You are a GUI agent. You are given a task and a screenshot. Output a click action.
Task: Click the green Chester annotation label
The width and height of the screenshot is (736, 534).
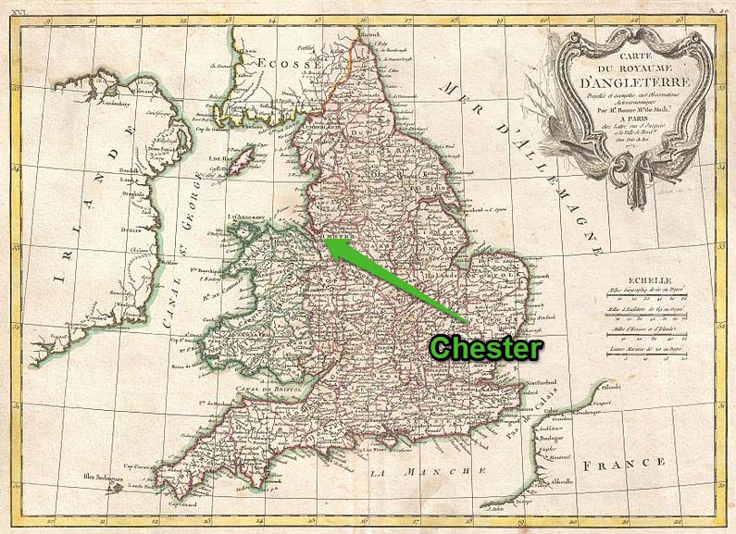tap(486, 348)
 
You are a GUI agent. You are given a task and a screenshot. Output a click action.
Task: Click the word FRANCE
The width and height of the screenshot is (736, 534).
tap(631, 461)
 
